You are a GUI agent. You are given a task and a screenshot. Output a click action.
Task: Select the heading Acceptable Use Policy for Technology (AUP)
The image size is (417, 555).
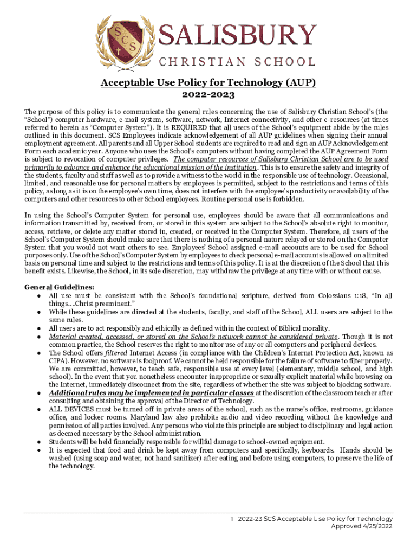(x=208, y=83)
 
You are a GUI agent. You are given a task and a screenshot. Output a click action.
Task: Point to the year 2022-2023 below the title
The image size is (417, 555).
(x=208, y=95)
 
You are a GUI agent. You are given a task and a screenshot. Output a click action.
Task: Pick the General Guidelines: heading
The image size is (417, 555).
(x=60, y=287)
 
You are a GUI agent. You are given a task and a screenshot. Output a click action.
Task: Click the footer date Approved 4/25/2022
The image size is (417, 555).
(x=358, y=526)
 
